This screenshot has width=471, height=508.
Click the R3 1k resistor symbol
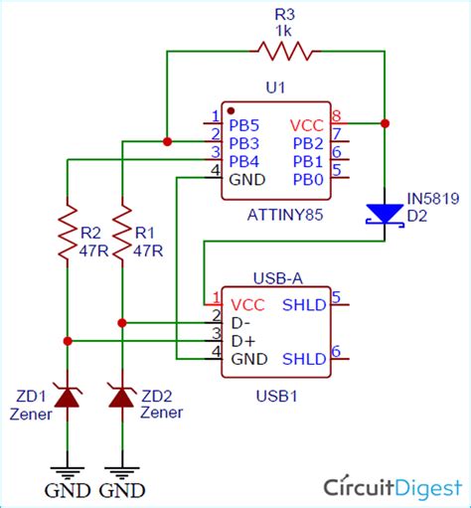click(x=286, y=49)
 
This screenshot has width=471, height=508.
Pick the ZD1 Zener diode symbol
click(x=67, y=398)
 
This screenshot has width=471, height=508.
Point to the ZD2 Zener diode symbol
click(x=121, y=398)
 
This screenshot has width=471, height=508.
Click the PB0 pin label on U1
click(x=307, y=178)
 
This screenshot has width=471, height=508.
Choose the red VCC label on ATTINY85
click(x=306, y=125)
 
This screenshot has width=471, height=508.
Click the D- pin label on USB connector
click(x=240, y=322)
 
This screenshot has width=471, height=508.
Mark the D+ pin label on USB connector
click(x=241, y=340)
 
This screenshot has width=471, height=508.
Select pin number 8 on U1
click(x=336, y=116)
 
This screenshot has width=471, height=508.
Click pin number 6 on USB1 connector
click(x=336, y=350)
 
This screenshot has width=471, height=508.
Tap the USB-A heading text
click(x=275, y=279)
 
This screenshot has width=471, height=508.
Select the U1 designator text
click(x=275, y=88)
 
